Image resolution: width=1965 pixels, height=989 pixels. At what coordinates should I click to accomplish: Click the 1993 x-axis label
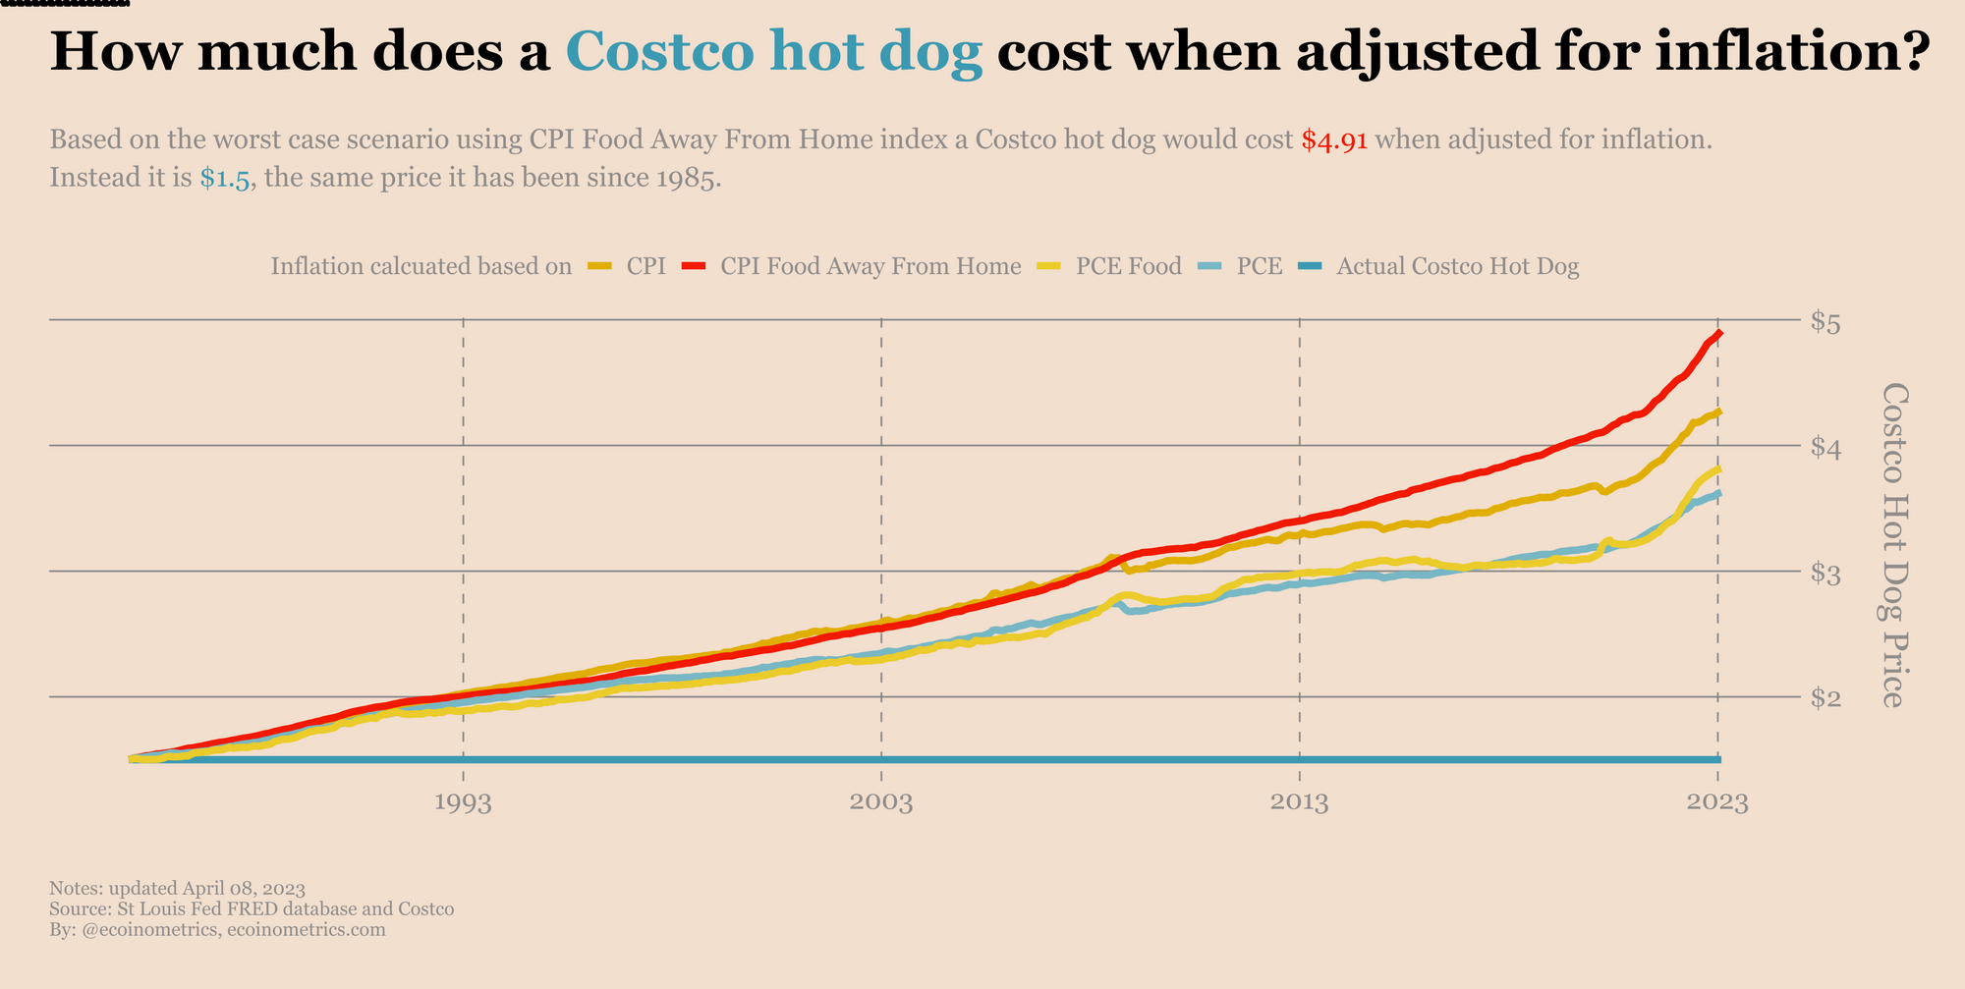(x=463, y=803)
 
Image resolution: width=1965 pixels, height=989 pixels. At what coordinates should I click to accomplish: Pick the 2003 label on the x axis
(x=881, y=803)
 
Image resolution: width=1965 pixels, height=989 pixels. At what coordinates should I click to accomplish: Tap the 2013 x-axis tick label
(x=1300, y=803)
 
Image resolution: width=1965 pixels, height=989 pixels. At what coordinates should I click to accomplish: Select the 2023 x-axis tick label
(x=1717, y=803)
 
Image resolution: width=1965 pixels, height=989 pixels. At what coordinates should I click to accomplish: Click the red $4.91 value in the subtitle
(x=1333, y=140)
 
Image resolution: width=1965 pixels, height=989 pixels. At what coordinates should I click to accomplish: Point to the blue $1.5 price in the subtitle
(x=225, y=180)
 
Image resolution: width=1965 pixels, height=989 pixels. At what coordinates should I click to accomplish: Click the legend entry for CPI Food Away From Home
(x=870, y=266)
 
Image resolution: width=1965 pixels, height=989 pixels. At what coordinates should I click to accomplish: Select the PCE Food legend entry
(x=1128, y=266)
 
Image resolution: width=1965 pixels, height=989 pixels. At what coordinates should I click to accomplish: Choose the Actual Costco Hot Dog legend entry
(x=1457, y=266)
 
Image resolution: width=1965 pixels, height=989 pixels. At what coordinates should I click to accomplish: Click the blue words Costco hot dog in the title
(x=774, y=51)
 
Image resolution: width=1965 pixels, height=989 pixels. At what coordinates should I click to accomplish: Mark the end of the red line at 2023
(x=1718, y=334)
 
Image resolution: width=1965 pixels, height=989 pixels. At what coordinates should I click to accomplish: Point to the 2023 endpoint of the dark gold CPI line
(x=1718, y=412)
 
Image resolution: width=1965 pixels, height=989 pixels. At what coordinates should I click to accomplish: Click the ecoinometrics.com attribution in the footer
(x=306, y=929)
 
